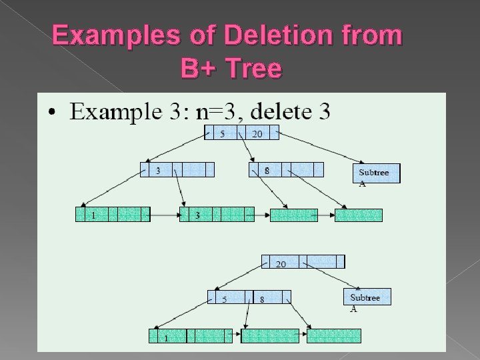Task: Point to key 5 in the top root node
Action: pyautogui.click(x=223, y=133)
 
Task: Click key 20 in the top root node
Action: pyautogui.click(x=257, y=133)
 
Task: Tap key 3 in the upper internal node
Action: pyautogui.click(x=158, y=169)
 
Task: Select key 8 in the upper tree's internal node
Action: pyautogui.click(x=267, y=169)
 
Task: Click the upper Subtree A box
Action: pyautogui.click(x=375, y=173)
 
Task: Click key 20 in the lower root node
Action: pyautogui.click(x=281, y=263)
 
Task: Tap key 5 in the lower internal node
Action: pyautogui.click(x=224, y=299)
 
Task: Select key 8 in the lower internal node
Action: pyautogui.click(x=262, y=299)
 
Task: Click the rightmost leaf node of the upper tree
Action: pyautogui.click(x=359, y=215)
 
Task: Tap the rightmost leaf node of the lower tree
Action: pyautogui.click(x=334, y=335)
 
